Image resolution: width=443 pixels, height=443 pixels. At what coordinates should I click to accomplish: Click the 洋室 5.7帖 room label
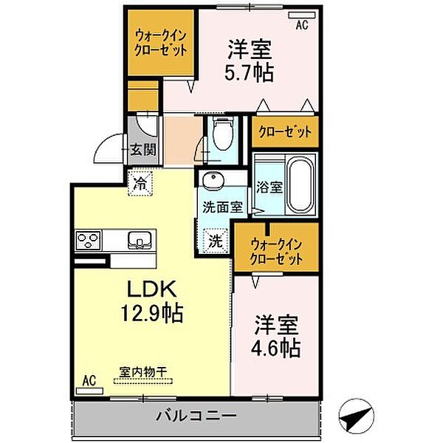[x=249, y=61]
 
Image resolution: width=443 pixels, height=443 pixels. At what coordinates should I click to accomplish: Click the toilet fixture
[x=220, y=133]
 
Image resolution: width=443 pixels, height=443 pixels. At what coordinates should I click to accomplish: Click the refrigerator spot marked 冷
[x=140, y=184]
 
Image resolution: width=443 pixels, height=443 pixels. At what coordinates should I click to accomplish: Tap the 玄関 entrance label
[x=142, y=151]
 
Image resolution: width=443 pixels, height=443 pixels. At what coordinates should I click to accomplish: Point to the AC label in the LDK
[x=89, y=381]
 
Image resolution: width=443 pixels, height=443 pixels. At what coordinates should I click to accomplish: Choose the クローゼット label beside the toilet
[x=285, y=133]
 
